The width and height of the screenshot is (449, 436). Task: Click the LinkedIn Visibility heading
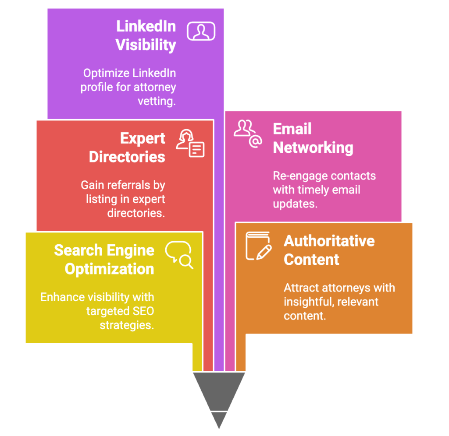pos(146,36)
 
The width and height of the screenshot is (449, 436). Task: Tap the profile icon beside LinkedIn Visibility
pos(201,31)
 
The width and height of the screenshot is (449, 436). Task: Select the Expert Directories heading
pos(127,148)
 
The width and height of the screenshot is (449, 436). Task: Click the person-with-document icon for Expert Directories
pos(190,143)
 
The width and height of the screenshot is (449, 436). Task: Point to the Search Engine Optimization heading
pos(104,260)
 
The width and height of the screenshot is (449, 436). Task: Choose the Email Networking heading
pos(313,138)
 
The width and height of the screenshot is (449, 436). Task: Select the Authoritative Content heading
pos(329,250)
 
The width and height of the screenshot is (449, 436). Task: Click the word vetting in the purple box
pos(157,101)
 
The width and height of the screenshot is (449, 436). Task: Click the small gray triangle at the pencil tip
pos(219,418)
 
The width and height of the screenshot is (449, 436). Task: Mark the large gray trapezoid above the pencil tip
pos(219,390)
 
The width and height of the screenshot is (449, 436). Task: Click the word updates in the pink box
pos(295,204)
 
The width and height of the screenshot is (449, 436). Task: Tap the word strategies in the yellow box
pos(127,325)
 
